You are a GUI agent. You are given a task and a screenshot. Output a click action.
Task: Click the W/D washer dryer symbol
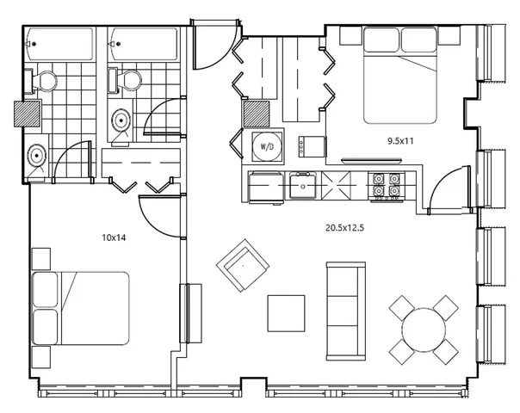pos(267,146)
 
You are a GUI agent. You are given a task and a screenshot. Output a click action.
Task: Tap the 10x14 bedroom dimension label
pos(114,237)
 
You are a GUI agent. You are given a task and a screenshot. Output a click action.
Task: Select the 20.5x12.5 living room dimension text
pos(344,228)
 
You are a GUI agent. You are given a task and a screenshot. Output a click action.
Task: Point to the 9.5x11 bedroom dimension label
pos(400,141)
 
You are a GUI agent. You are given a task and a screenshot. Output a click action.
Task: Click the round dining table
pos(424,330)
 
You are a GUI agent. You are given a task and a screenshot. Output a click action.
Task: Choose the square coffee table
pos(286,313)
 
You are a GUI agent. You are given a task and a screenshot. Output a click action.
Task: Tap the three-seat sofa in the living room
pos(346,311)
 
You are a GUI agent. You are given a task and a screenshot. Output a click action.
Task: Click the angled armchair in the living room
pos(243,266)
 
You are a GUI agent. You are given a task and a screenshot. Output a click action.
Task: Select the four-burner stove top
pos(386,187)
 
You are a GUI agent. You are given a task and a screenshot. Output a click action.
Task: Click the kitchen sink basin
pos(303,185)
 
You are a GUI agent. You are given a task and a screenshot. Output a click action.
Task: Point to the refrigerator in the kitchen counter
pos(266,187)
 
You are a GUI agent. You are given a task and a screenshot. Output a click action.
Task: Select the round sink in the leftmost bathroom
pos(36,155)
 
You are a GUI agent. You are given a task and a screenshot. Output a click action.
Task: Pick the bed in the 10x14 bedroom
pos(81,308)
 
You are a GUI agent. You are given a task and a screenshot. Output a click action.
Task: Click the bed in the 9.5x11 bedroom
pos(400,75)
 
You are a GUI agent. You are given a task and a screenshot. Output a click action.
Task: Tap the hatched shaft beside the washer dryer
pos(257,114)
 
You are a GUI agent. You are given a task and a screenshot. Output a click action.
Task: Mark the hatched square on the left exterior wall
pos(28,114)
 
